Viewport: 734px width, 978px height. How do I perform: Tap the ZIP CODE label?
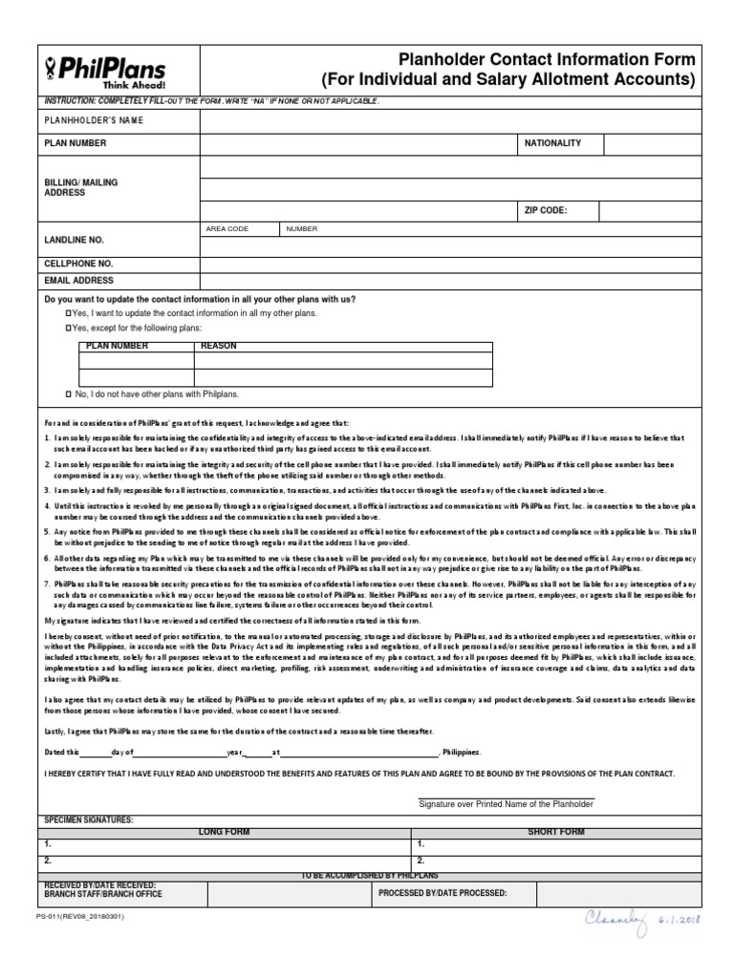(x=546, y=210)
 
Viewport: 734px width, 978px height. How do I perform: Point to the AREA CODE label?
(x=227, y=229)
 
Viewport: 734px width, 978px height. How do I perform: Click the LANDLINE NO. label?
(x=74, y=240)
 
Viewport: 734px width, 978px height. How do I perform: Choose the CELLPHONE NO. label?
(x=78, y=263)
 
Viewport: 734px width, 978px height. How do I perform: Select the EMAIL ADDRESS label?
(x=78, y=281)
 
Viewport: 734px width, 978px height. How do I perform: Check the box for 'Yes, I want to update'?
(x=68, y=313)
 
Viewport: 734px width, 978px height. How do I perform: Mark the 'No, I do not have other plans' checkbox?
(x=68, y=393)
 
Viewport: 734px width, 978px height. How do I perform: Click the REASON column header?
(x=219, y=347)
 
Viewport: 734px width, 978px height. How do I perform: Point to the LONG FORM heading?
(x=224, y=832)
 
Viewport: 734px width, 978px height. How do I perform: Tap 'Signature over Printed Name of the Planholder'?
(x=507, y=804)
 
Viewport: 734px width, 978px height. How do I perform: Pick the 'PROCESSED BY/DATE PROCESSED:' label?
(x=443, y=894)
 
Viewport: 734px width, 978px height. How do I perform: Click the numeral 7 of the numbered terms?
(x=47, y=583)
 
